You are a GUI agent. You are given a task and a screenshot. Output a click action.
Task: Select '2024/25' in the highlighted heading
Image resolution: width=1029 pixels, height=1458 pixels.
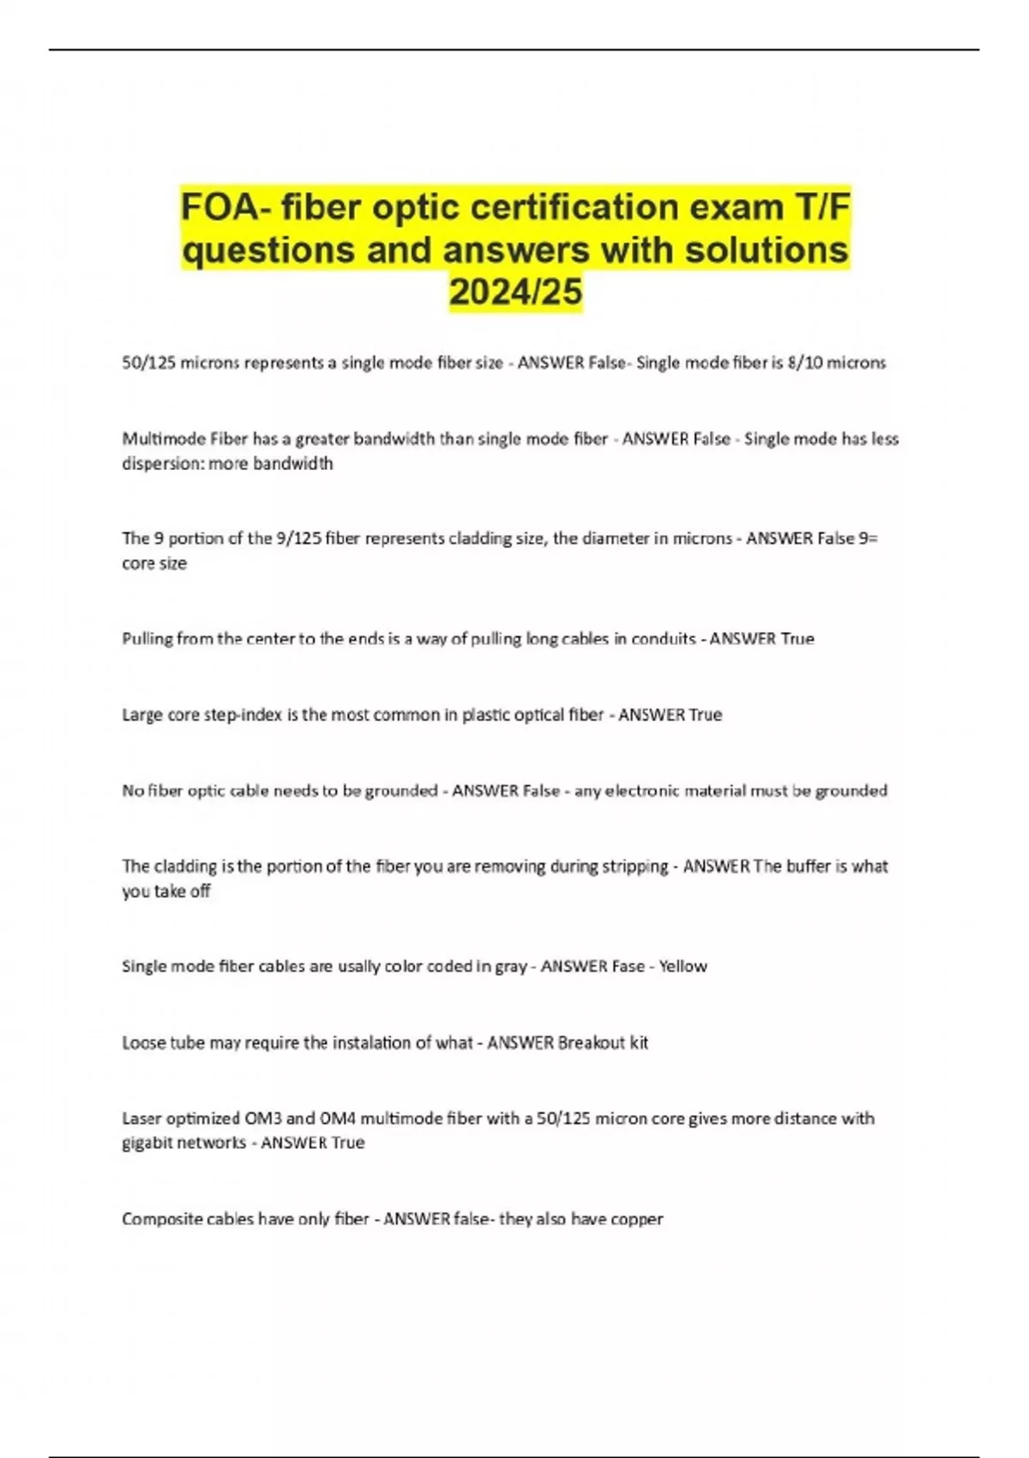[515, 292]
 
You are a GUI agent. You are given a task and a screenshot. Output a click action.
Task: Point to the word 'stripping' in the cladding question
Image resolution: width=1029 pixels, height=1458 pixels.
[635, 866]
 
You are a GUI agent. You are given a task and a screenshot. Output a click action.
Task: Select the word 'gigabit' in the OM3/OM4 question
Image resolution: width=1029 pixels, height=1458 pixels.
[148, 1143]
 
